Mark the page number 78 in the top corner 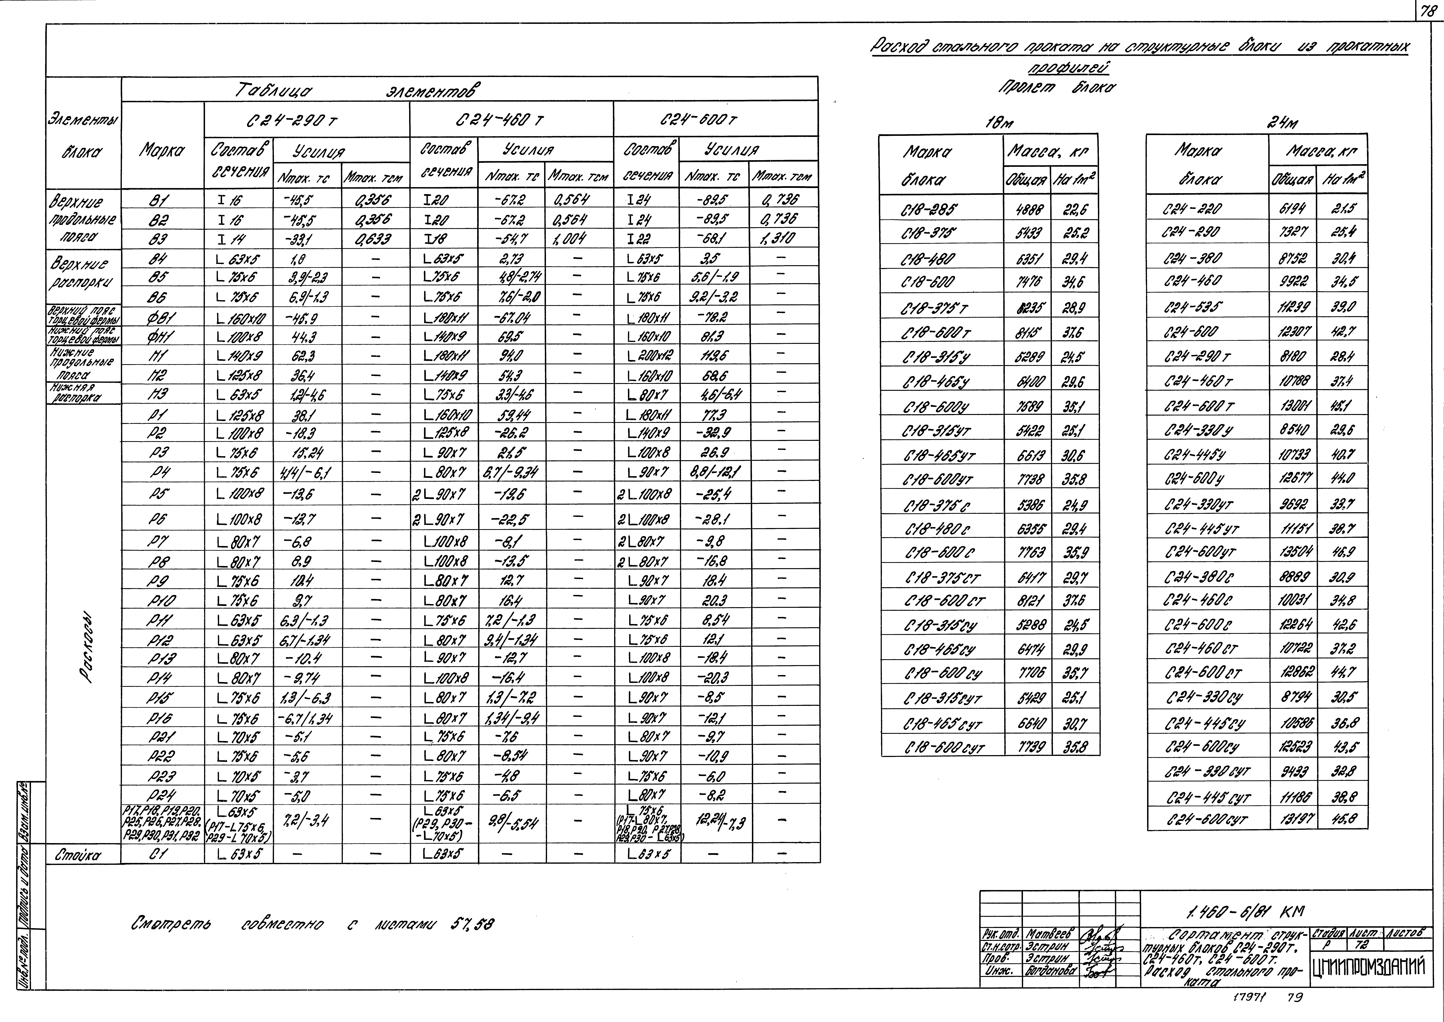1429,10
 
